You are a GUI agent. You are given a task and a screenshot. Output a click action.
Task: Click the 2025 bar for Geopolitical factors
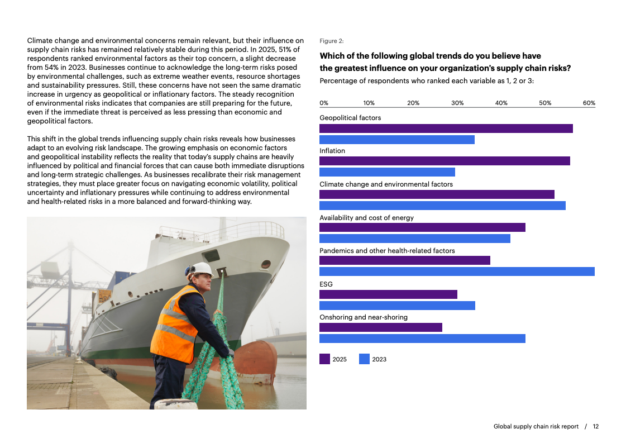[446, 128]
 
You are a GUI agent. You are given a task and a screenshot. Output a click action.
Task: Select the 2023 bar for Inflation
[387, 172]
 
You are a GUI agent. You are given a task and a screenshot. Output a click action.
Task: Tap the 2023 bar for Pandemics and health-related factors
[457, 271]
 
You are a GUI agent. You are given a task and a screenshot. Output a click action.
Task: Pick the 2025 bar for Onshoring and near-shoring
[380, 327]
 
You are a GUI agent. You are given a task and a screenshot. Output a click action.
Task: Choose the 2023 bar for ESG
[397, 306]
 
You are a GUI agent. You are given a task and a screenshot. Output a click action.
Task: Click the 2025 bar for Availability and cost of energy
[422, 227]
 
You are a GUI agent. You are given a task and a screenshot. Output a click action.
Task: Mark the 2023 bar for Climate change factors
[442, 206]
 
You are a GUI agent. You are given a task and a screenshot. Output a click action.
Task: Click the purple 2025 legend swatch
[324, 359]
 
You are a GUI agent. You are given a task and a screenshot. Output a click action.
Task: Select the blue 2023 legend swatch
[364, 359]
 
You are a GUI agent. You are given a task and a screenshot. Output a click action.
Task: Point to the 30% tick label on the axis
[457, 103]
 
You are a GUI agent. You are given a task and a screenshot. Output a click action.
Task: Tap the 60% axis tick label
[589, 103]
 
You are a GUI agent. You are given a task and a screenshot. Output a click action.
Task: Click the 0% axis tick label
[324, 103]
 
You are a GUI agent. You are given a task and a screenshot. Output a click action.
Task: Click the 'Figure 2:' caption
[332, 41]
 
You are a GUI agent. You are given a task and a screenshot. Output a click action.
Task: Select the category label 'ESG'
[326, 284]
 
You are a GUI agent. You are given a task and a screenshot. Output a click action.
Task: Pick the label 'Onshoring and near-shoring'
[364, 317]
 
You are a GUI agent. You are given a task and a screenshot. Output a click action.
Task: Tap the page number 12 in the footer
[596, 426]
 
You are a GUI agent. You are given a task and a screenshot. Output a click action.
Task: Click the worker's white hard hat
[201, 269]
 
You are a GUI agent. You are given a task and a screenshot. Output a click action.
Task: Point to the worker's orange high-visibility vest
[173, 324]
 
